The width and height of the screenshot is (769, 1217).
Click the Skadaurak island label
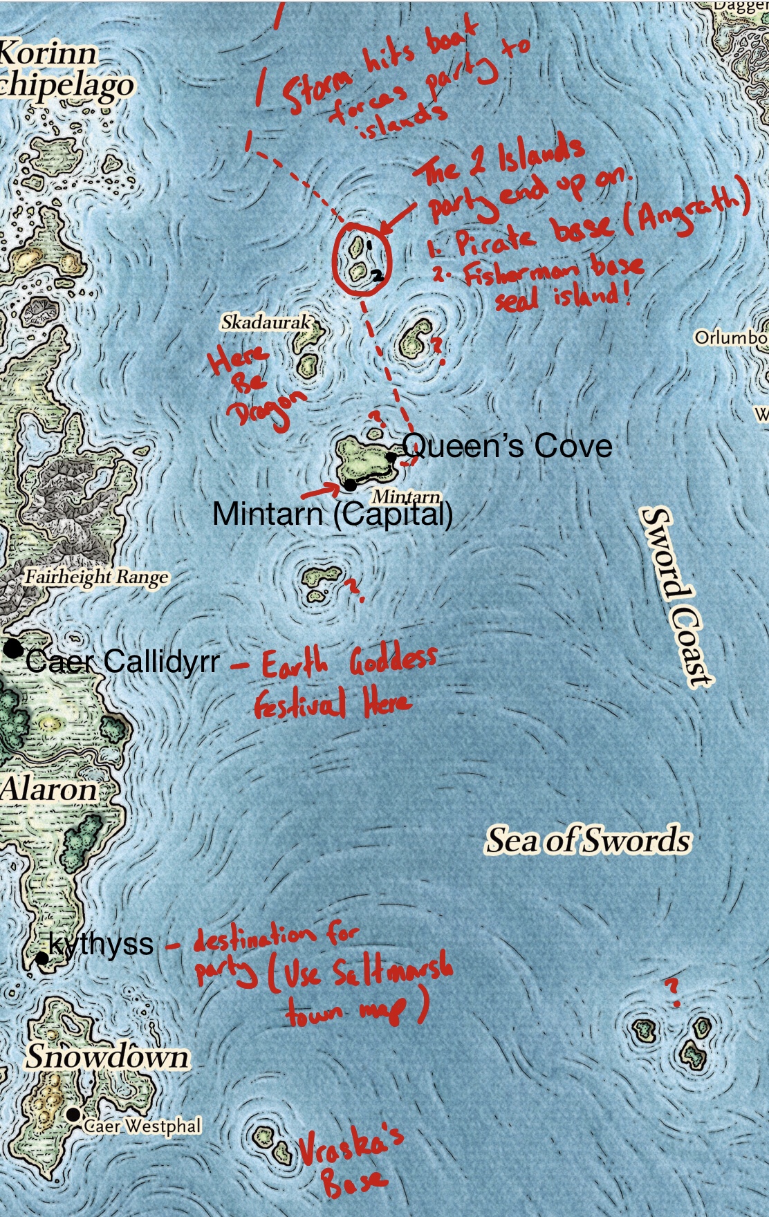pyautogui.click(x=266, y=322)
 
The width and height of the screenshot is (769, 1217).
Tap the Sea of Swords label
pyautogui.click(x=589, y=841)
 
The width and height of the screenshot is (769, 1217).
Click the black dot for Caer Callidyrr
pyautogui.click(x=12, y=649)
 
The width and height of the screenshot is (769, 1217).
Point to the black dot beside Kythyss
pyautogui.click(x=42, y=958)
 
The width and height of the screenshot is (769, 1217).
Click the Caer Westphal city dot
pyautogui.click(x=73, y=1115)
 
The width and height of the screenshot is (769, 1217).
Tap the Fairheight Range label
pyautogui.click(x=96, y=577)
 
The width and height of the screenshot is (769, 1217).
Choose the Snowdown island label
pyautogui.click(x=107, y=1057)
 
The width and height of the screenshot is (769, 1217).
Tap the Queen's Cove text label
pyautogui.click(x=507, y=446)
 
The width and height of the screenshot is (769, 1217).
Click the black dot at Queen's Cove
pyautogui.click(x=391, y=457)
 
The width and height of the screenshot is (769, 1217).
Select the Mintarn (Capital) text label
pyautogui.click(x=332, y=514)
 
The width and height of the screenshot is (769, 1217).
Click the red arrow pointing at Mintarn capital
pyautogui.click(x=319, y=490)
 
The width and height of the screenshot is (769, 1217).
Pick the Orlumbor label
pyautogui.click(x=731, y=338)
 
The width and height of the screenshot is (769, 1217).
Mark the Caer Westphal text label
pyautogui.click(x=142, y=1126)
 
